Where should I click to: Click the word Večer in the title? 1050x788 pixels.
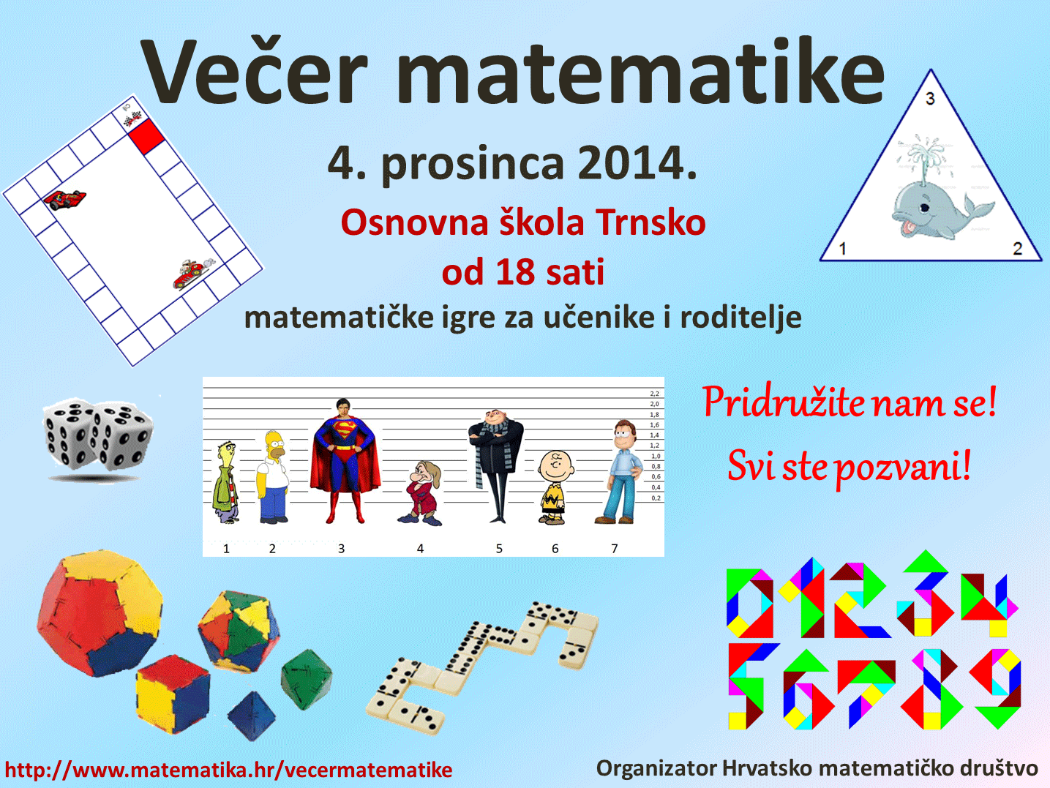coord(255,71)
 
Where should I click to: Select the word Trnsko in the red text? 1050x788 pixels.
coord(651,224)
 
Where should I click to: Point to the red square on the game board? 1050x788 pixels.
coord(146,136)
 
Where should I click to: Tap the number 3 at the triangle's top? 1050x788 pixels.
coord(930,99)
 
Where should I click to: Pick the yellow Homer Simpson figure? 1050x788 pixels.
coord(273,476)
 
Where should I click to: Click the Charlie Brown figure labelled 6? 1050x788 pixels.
coord(555,488)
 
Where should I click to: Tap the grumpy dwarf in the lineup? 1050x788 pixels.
coord(421,493)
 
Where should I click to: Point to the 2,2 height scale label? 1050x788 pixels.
coord(654,394)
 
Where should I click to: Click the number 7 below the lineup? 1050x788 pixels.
coord(615,549)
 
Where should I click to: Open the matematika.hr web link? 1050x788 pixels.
coord(228,770)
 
